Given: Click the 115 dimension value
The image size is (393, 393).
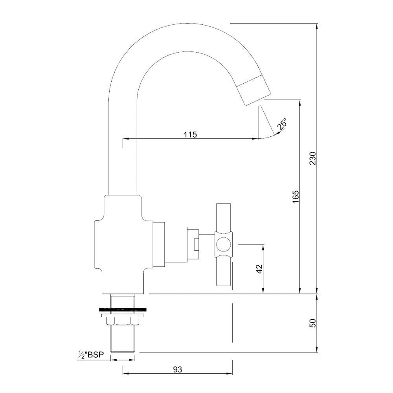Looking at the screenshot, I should coord(190,134).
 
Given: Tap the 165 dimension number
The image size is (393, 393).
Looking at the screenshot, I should coord(296,196).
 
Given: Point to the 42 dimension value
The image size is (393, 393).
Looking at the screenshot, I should coord(259,269).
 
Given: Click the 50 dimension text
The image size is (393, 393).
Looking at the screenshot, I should coord(312,323).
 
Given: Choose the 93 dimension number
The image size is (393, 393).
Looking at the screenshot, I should coord(178,369).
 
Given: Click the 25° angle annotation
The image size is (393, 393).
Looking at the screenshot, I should coord(282,125).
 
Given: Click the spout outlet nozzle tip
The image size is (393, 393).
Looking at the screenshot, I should coord(255,90).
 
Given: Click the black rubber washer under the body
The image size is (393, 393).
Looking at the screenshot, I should coord(123,309).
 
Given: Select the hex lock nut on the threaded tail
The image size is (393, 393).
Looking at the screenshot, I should coord(123,321).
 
